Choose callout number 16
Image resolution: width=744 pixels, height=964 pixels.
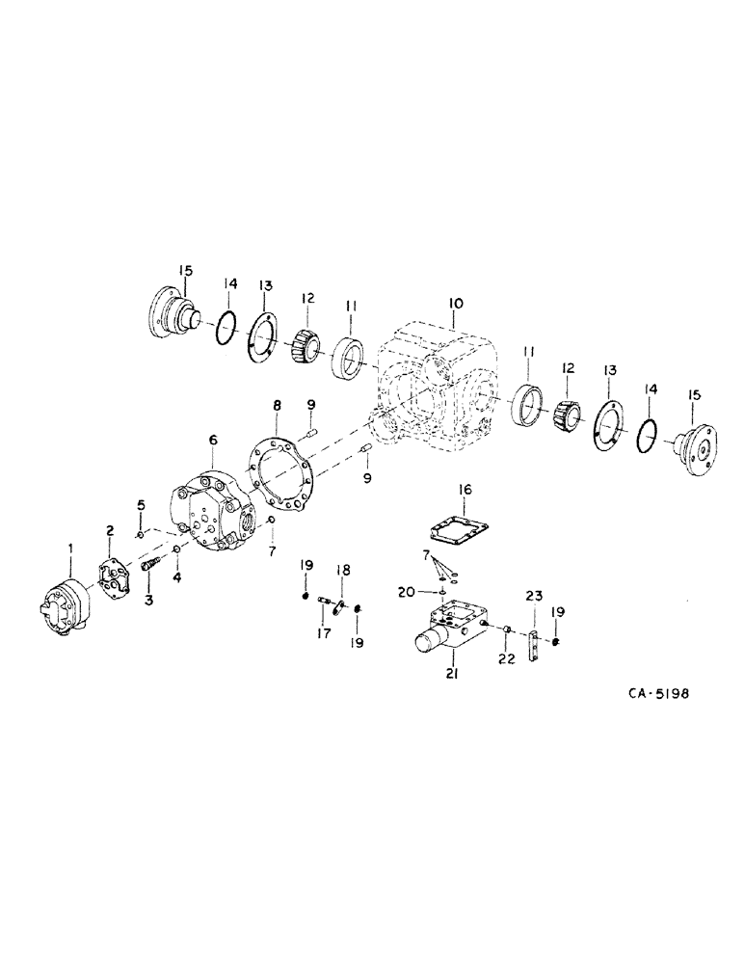coord(465,491)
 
